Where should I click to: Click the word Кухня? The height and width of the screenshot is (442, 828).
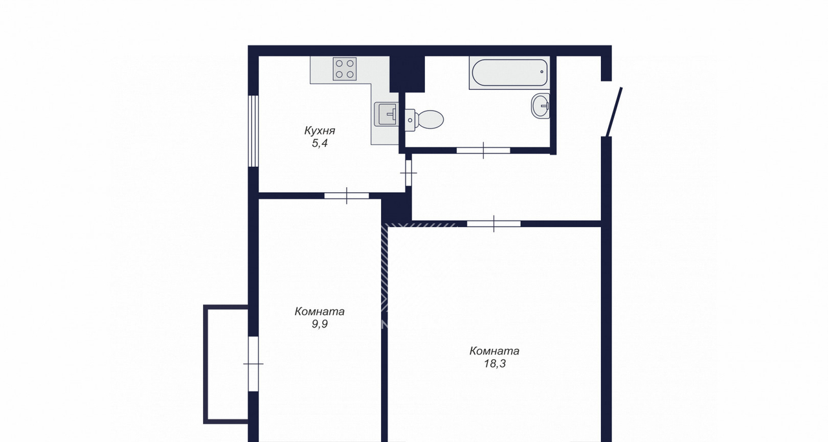tap(320, 131)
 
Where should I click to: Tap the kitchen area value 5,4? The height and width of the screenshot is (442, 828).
tap(320, 143)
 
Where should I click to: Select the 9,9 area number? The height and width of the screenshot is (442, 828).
tap(320, 324)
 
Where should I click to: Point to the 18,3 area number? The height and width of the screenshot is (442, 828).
tap(495, 364)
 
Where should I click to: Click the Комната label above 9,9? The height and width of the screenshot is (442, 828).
tap(320, 311)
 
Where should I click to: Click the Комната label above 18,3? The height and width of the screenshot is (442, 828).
tap(494, 351)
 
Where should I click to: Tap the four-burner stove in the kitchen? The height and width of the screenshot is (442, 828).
tap(345, 69)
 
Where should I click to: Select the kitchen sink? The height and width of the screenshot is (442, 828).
tap(386, 114)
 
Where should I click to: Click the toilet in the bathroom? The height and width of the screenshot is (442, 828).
tap(424, 120)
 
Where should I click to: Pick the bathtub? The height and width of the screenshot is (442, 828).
tap(509, 73)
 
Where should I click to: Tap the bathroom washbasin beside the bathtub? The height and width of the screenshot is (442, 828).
tap(540, 105)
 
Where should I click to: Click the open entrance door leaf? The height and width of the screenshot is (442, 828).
tap(614, 112)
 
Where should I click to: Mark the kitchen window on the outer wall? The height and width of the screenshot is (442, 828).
tap(253, 131)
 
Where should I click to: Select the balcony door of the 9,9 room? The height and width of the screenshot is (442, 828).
tap(253, 364)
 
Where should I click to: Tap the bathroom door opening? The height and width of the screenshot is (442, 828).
tap(483, 150)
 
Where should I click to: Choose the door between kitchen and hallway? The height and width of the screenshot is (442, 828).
tap(408, 173)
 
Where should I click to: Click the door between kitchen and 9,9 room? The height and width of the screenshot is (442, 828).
tap(347, 195)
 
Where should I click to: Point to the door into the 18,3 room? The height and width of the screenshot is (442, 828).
tap(494, 224)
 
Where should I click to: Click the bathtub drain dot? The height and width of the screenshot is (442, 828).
tap(542, 72)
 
